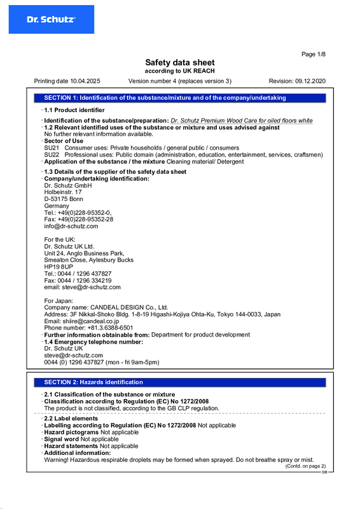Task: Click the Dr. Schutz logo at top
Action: pyautogui.click(x=51, y=20)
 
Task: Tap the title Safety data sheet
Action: pyautogui.click(x=180, y=62)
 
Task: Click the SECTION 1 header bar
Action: pyautogui.click(x=180, y=98)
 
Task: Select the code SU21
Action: pyautogui.click(x=52, y=148)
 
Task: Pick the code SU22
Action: pyautogui.click(x=52, y=155)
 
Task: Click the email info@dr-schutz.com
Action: pyautogui.click(x=71, y=226)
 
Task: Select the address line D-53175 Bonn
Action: pyautogui.click(x=64, y=199)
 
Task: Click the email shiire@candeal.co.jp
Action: pyautogui.click(x=87, y=321)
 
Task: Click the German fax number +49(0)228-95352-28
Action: pyautogui.click(x=78, y=219)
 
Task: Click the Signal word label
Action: pyautogui.click(x=61, y=439)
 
